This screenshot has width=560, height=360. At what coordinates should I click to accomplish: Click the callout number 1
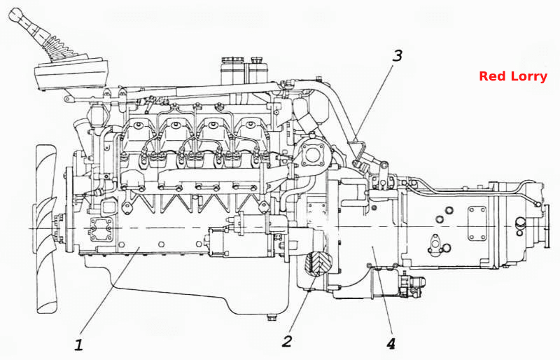(x=79, y=345)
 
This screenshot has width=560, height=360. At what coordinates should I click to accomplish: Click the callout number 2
(x=287, y=341)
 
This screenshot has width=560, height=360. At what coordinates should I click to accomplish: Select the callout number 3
(x=397, y=55)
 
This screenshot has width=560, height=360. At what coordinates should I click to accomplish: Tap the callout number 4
(x=391, y=344)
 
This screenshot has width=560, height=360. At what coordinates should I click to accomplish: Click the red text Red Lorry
(x=513, y=76)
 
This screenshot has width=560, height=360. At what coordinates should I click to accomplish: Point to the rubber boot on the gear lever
(x=58, y=46)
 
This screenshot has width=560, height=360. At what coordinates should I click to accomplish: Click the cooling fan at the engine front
(x=45, y=229)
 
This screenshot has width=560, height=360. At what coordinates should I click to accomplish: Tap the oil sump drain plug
(x=271, y=317)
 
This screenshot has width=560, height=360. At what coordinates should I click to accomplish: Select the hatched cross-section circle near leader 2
(x=318, y=263)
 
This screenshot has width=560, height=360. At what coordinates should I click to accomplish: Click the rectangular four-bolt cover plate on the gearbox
(x=477, y=223)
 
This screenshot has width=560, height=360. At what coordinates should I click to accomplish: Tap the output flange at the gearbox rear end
(x=547, y=226)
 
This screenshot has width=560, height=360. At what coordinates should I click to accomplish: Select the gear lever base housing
(x=71, y=74)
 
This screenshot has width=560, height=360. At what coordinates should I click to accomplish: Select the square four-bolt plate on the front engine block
(x=99, y=230)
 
